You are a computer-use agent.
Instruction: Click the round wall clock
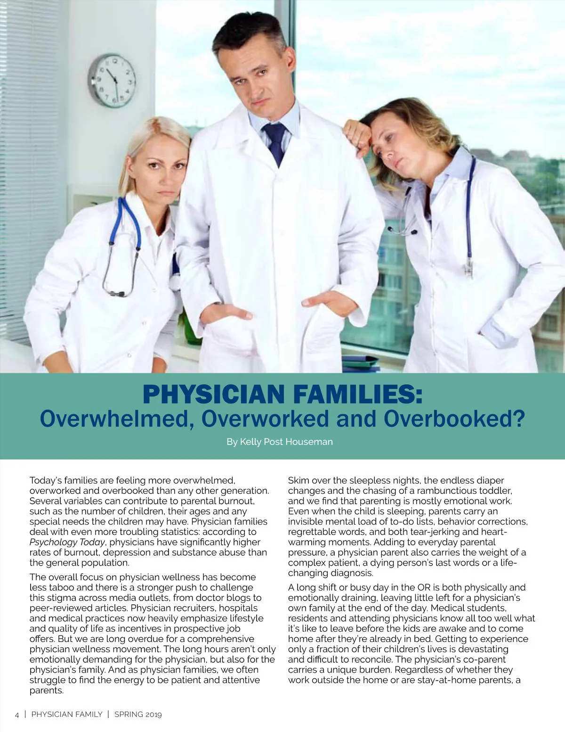coord(113,80)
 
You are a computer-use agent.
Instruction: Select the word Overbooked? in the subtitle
coord(454,419)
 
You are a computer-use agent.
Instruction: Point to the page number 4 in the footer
coord(17,715)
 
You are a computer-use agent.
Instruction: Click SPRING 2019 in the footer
coord(138,715)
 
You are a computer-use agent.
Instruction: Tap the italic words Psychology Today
coord(67,542)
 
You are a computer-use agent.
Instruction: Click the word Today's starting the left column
coord(45,480)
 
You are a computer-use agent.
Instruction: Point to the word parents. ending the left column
coord(46,691)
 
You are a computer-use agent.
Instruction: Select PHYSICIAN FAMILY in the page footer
coord(67,715)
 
